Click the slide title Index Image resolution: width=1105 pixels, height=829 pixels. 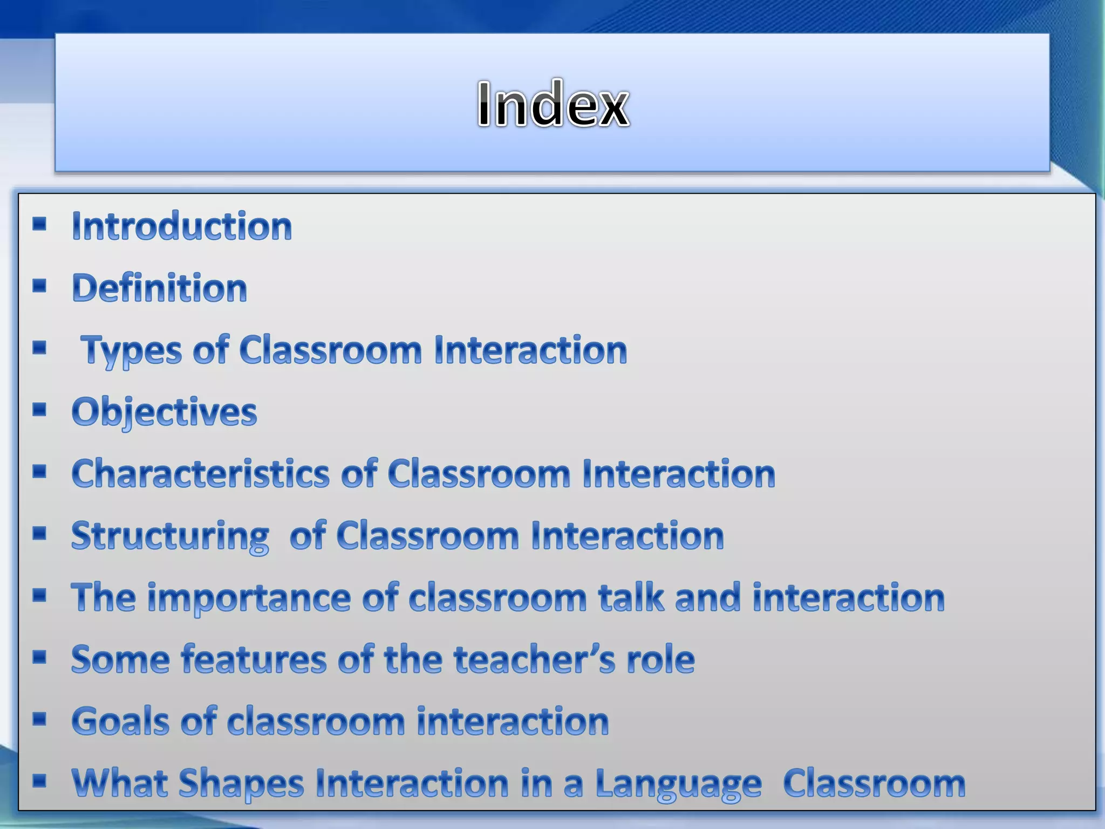click(552, 104)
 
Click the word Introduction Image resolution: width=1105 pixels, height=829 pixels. click(182, 226)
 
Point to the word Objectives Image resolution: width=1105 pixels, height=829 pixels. click(164, 412)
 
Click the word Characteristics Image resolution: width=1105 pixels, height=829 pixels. click(200, 474)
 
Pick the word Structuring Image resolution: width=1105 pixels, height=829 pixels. click(170, 536)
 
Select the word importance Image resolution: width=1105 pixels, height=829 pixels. click(249, 597)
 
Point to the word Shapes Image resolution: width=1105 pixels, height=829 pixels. click(241, 784)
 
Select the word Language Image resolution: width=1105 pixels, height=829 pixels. click(678, 784)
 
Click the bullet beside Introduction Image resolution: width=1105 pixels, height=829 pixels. click(39, 223)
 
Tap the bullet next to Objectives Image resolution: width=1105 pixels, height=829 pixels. click(39, 410)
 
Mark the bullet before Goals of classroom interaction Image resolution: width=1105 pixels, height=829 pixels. click(39, 719)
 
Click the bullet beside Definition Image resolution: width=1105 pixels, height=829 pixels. click(39, 286)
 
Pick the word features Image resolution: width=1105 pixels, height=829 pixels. click(253, 660)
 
